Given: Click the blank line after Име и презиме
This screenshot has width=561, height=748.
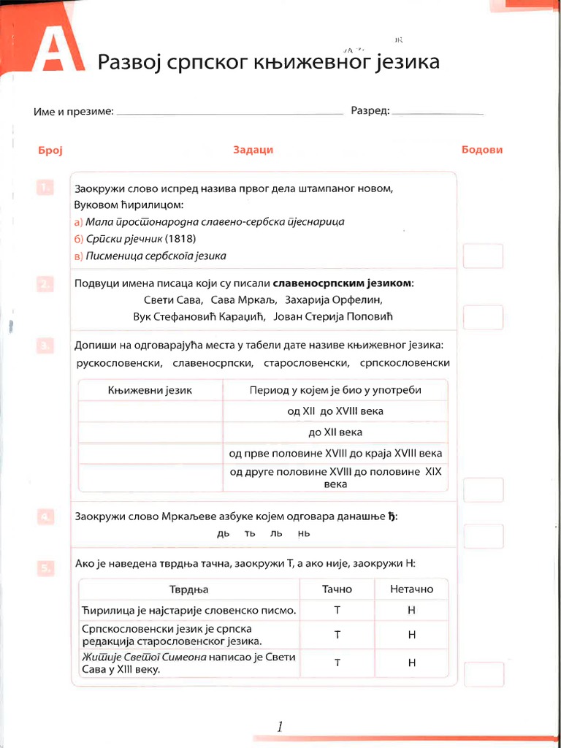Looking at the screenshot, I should pyautogui.click(x=229, y=113).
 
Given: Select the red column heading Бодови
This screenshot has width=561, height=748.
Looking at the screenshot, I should pyautogui.click(x=482, y=150).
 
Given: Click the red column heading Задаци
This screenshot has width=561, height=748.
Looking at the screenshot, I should pyautogui.click(x=253, y=150).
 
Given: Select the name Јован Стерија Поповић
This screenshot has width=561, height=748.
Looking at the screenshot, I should pyautogui.click(x=333, y=317).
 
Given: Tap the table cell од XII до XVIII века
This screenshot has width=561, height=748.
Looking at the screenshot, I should pyautogui.click(x=335, y=411).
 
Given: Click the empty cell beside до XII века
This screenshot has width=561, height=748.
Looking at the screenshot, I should pyautogui.click(x=150, y=432).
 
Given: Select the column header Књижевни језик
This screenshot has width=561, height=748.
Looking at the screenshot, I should pyautogui.click(x=150, y=390).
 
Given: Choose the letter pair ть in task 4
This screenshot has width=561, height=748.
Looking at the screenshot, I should pyautogui.click(x=250, y=534).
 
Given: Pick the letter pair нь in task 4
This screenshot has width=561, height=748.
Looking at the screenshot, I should pyautogui.click(x=304, y=534).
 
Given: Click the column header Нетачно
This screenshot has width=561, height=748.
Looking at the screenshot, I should pyautogui.click(x=411, y=589).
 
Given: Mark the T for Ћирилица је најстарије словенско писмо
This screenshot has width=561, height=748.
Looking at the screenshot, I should pyautogui.click(x=337, y=610).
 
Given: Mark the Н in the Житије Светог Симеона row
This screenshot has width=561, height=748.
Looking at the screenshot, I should pyautogui.click(x=411, y=663).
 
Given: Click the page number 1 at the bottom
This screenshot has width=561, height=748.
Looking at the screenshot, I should pyautogui.click(x=280, y=726).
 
